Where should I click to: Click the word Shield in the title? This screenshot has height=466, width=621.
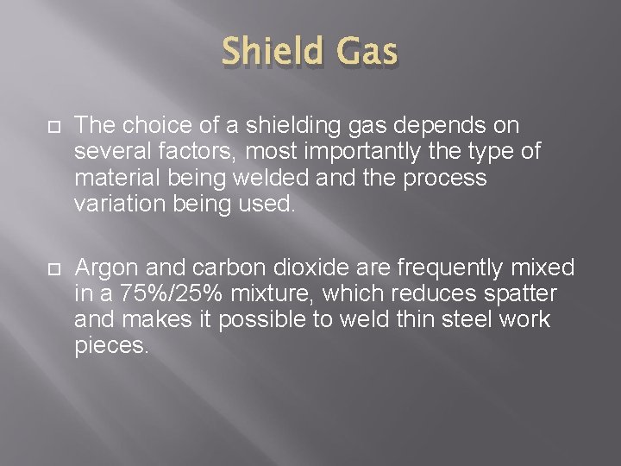tap(267, 53)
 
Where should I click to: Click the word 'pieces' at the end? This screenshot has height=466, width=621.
tap(110, 345)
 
